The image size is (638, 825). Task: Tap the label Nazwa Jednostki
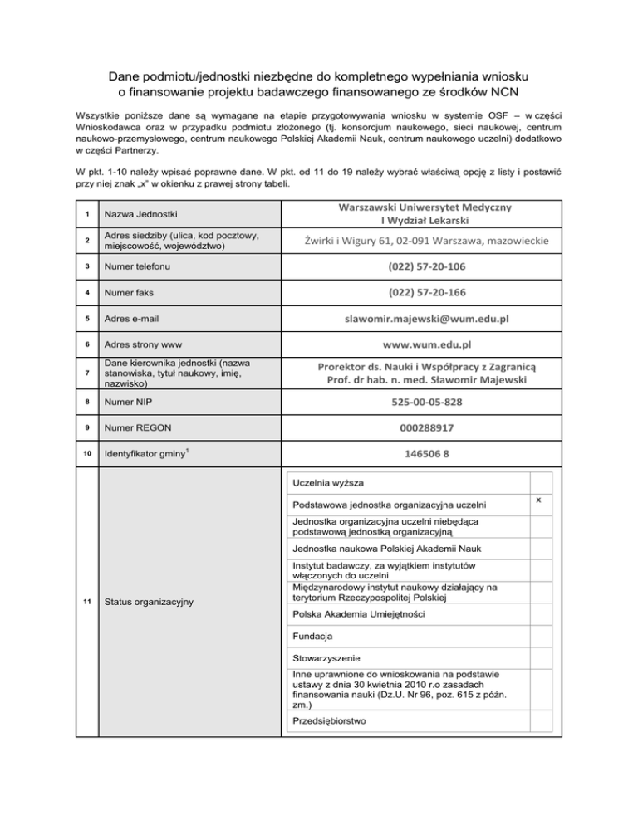[143, 215]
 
